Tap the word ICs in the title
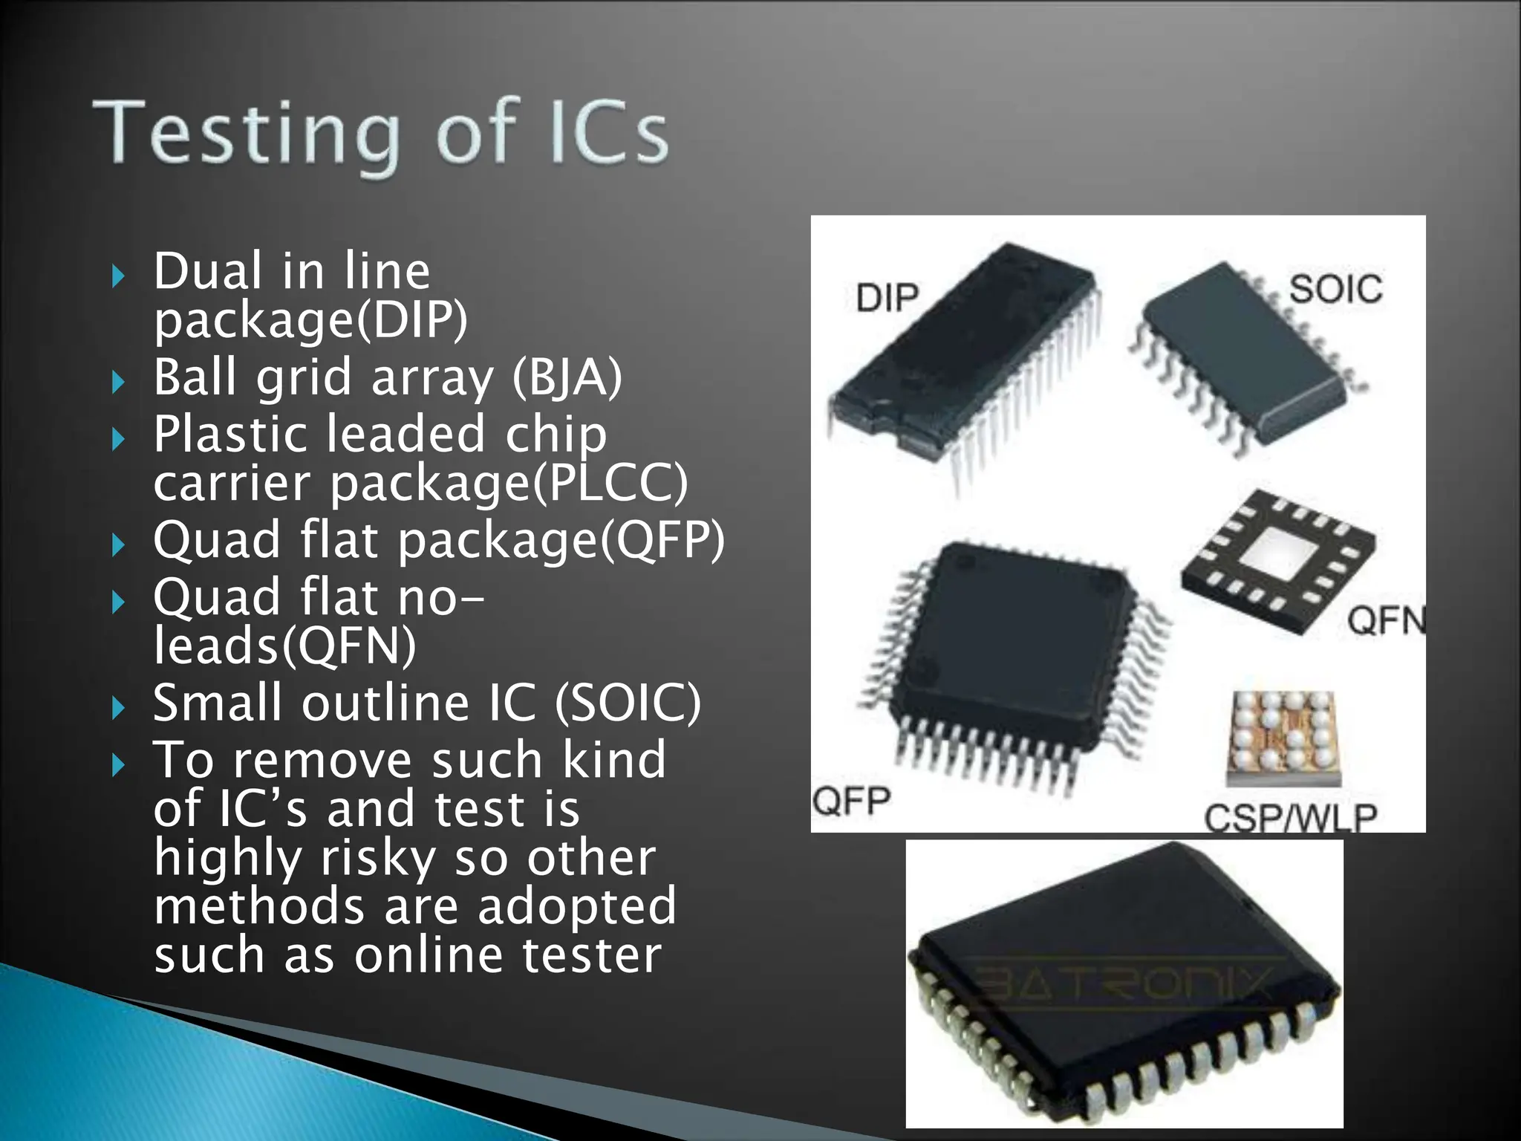pyautogui.click(x=608, y=134)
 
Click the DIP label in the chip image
pyautogui.click(x=887, y=298)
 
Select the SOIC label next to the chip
pyautogui.click(x=1335, y=289)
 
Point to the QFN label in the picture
pyautogui.click(x=1386, y=620)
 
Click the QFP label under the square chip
pyautogui.click(x=851, y=801)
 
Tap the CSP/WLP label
pyautogui.click(x=1291, y=818)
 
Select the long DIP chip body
pyautogui.click(x=965, y=349)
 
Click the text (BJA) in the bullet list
pyautogui.click(x=567, y=377)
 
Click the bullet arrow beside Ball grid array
pyautogui.click(x=118, y=383)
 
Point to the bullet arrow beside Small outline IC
pyautogui.click(x=118, y=708)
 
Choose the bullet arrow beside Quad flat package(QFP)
pyautogui.click(x=118, y=545)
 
